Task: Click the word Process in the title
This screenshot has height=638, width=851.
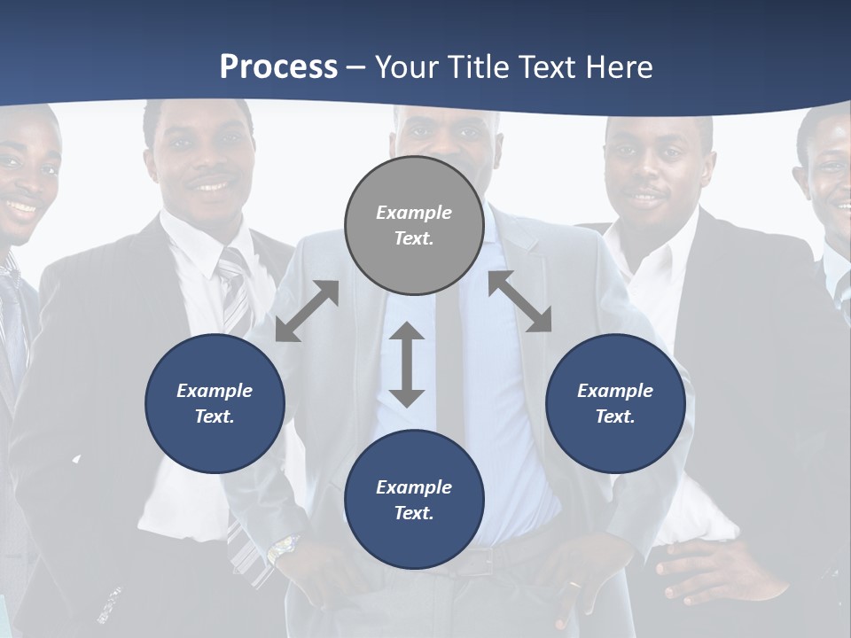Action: coord(278,66)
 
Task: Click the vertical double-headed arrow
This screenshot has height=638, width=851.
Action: coord(407,364)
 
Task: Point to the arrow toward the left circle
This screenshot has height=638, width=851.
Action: coord(307,310)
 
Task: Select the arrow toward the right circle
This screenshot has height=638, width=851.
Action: coord(519,302)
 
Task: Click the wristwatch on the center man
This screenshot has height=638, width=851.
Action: coord(282,549)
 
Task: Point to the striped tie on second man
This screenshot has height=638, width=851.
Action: coord(234,292)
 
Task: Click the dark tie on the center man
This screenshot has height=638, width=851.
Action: coord(449,354)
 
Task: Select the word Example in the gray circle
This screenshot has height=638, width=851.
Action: coord(414,213)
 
